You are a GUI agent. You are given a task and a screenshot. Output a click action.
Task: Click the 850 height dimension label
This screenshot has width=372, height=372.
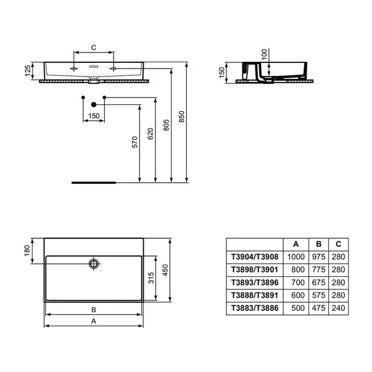[x=181, y=117]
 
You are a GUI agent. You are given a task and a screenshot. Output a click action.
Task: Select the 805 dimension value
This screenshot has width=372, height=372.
[x=167, y=125]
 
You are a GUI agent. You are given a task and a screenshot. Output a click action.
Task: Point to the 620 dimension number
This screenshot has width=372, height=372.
[x=151, y=134]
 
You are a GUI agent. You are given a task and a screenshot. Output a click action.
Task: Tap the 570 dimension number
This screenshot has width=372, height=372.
[x=134, y=142]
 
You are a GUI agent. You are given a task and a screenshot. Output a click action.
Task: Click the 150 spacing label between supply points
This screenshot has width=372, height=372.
[x=94, y=116]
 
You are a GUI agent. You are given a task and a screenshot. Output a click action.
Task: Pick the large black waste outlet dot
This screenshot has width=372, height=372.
[x=94, y=104]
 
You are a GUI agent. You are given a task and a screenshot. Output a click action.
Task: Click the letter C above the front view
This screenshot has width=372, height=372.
[x=94, y=48]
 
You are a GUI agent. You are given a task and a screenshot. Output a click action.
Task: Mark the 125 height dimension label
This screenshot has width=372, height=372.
[x=28, y=71]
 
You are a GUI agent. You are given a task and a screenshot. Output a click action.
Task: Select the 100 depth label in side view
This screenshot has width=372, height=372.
[x=264, y=54]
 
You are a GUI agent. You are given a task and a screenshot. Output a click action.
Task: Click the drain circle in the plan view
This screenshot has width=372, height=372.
[x=94, y=263]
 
